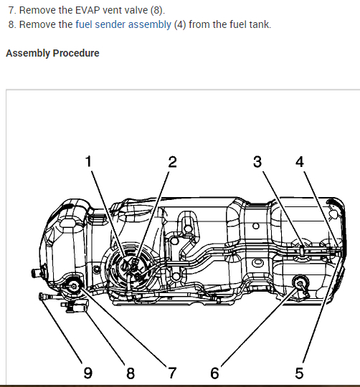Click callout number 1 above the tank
tap(88, 161)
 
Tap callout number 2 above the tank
tap(173, 162)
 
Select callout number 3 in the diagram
tap(257, 162)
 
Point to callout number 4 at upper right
tap(300, 162)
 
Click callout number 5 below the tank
tap(299, 373)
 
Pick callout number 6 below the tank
tap(214, 373)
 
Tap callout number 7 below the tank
tap(172, 373)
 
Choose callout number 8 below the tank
tap(131, 373)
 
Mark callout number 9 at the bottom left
tap(88, 373)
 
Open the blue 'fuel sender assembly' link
tap(123, 24)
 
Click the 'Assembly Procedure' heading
tap(52, 53)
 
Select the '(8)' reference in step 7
tap(158, 10)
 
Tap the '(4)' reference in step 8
tap(180, 24)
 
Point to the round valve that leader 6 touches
tap(300, 283)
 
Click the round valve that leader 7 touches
tap(74, 286)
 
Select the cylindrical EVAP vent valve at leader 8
tap(76, 306)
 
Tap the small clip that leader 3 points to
tap(302, 251)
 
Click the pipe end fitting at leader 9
tap(42, 296)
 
